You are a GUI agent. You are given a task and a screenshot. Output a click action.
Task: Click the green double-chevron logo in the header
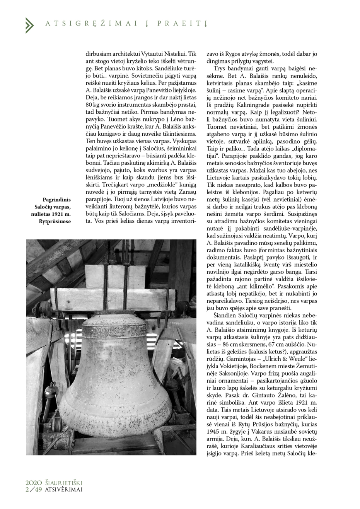point(29,25)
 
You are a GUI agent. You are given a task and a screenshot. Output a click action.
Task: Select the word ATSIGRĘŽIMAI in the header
point(92,24)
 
